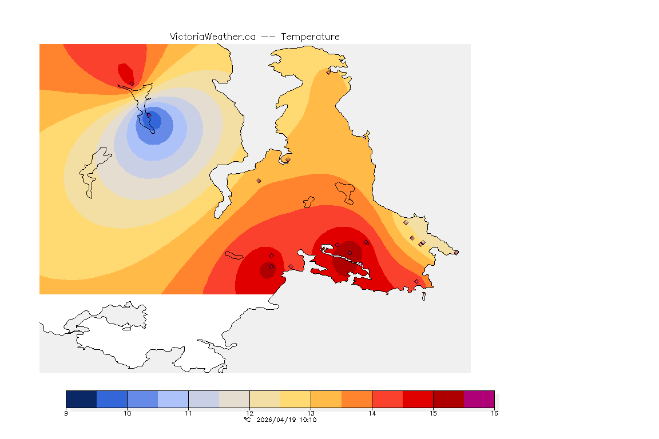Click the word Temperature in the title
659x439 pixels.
(x=310, y=37)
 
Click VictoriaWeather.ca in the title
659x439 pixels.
(x=212, y=37)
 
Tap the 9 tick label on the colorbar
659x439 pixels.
(x=66, y=413)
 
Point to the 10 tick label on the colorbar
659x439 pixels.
(x=127, y=413)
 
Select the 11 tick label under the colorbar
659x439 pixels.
(x=188, y=413)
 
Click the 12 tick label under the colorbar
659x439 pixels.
(x=249, y=413)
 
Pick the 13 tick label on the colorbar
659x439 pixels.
(x=311, y=413)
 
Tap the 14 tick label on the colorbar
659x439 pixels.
(x=372, y=413)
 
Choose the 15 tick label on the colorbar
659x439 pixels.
(x=433, y=413)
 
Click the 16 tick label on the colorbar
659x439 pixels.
(x=494, y=413)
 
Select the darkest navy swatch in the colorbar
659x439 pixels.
(x=81, y=399)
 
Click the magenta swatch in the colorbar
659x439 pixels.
(x=479, y=399)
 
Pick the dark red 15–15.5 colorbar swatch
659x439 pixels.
(x=448, y=399)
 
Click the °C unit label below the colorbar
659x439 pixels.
(x=247, y=420)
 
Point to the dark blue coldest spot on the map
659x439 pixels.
(x=153, y=121)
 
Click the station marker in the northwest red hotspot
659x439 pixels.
(x=132, y=83)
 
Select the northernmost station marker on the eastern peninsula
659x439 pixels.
(x=328, y=72)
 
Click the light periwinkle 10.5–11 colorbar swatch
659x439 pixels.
(x=173, y=399)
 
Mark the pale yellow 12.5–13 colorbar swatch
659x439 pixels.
(x=295, y=399)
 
